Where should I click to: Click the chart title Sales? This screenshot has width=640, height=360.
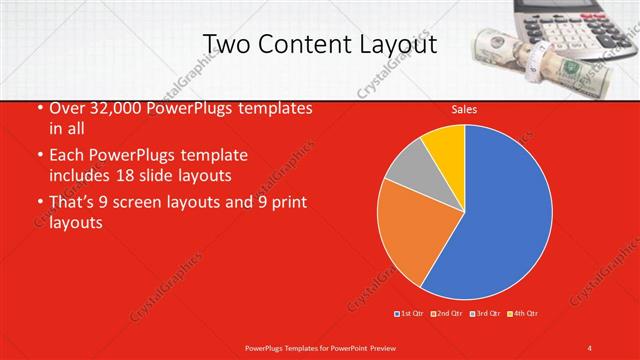pyautogui.click(x=464, y=108)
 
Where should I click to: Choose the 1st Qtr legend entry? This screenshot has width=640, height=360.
pyautogui.click(x=412, y=314)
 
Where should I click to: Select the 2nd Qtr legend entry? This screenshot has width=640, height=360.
pyautogui.click(x=449, y=314)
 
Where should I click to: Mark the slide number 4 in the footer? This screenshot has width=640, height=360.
pyautogui.click(x=590, y=347)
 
